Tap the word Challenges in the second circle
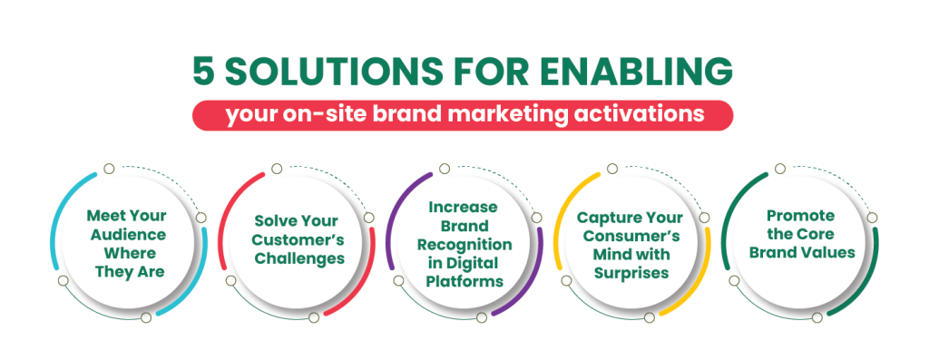[298, 258]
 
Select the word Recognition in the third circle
[465, 245]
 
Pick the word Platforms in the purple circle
[465, 282]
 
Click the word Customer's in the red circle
[298, 240]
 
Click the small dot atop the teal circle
[109, 168]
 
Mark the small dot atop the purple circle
[444, 169]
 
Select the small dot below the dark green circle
[817, 316]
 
